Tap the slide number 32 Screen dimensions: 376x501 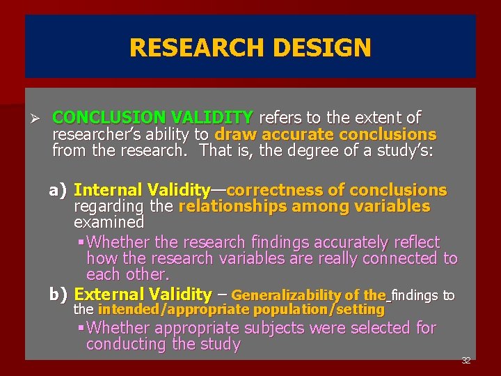pyautogui.click(x=466, y=361)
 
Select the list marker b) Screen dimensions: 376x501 pyautogui.click(x=58, y=295)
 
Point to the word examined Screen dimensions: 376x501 pyautogui.click(x=109, y=222)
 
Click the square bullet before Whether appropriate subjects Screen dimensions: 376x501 pyautogui.click(x=81, y=328)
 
